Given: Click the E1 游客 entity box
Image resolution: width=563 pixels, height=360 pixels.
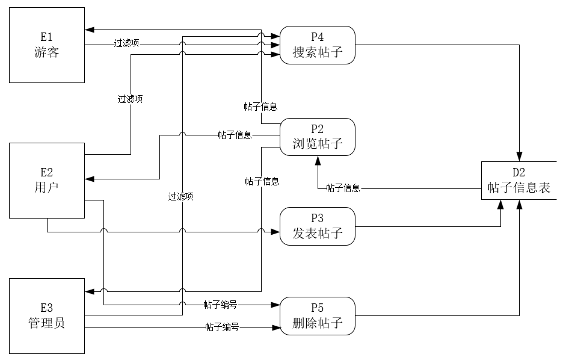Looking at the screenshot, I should click(x=46, y=45).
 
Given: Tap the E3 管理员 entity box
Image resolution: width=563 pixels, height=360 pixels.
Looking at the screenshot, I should click(x=46, y=315).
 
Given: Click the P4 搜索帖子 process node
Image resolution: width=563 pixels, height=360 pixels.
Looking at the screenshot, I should click(x=318, y=45).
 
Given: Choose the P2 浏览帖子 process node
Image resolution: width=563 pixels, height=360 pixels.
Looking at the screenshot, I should click(x=318, y=137).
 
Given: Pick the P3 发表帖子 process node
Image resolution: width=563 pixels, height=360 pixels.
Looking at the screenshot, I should click(x=318, y=226).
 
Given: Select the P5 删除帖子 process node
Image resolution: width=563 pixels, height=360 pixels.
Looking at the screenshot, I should click(x=318, y=316).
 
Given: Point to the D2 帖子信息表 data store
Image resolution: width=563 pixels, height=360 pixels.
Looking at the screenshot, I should click(x=519, y=181).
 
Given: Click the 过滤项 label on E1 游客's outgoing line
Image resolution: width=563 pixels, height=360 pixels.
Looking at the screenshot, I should click(x=127, y=44).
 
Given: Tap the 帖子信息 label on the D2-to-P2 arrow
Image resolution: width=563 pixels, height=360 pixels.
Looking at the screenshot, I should click(x=343, y=188).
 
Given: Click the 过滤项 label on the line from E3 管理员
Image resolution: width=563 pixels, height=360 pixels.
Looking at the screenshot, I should click(x=180, y=196).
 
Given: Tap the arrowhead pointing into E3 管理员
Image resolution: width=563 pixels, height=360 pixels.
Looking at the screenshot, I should click(x=89, y=291).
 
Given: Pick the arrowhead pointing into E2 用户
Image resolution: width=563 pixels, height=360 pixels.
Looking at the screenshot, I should click(x=89, y=179).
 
